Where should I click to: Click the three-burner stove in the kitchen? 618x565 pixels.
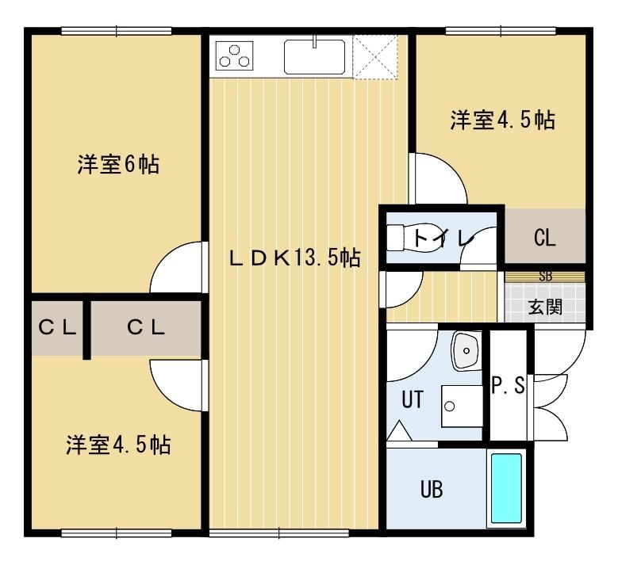[x=235, y=55]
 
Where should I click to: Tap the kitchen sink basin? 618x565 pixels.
[x=314, y=56]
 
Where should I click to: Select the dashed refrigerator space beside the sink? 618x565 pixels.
[x=374, y=57]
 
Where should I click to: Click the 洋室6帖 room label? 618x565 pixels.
[x=118, y=165]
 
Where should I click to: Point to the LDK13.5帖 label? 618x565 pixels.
[x=294, y=258]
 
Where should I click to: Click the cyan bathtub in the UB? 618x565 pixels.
[x=507, y=489]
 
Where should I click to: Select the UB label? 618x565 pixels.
[x=432, y=490]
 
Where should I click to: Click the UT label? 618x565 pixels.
[x=413, y=399]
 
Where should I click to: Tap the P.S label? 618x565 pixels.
[x=508, y=385]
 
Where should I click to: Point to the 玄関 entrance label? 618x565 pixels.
[x=545, y=307]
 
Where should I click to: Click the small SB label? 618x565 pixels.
[x=546, y=277]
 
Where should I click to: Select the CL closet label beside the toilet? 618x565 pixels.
[x=545, y=238]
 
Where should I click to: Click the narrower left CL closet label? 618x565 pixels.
[x=57, y=327]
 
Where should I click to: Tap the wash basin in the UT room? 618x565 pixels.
[x=466, y=350]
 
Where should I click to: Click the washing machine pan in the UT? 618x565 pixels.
[x=462, y=407]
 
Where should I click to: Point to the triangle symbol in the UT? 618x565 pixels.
[x=399, y=431]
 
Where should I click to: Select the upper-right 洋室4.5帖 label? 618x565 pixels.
[x=503, y=120]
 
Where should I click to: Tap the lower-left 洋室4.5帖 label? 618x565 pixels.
[x=118, y=445]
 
